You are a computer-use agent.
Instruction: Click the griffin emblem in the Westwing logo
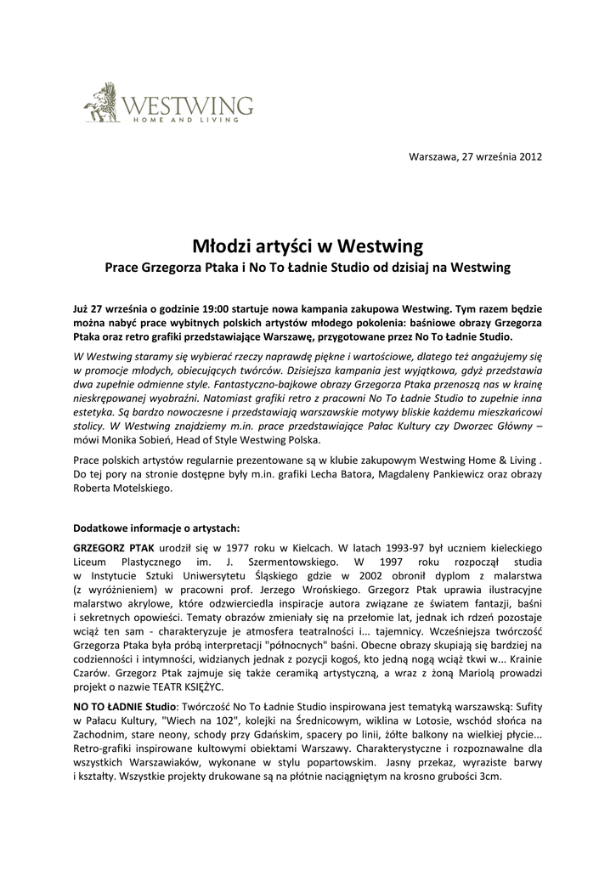[x=100, y=102]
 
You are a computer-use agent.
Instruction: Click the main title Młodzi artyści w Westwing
[x=308, y=246]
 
